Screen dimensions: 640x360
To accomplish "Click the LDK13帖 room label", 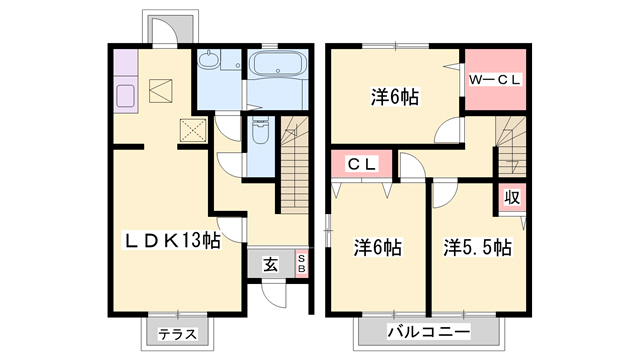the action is (172, 241).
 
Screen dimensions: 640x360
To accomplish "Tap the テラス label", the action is (178, 335).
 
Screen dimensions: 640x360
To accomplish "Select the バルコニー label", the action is (429, 331).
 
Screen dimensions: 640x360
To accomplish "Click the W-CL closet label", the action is (495, 80).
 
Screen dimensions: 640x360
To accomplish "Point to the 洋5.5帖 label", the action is (478, 247).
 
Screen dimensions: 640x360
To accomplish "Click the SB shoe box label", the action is (302, 264).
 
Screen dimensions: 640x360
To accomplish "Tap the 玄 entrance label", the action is (270, 265).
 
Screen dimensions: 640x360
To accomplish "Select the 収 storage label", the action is (512, 198).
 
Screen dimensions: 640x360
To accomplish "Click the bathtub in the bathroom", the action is (278, 64).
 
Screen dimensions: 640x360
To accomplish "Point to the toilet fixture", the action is (259, 130).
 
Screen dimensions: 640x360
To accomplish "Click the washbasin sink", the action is (209, 59).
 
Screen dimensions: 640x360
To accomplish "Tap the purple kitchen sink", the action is (126, 96).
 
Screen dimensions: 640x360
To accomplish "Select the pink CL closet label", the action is (362, 164).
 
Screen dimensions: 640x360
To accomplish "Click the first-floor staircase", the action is (294, 164).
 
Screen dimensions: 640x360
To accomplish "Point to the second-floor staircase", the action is (511, 146).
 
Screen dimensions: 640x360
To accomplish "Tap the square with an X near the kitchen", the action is (193, 130).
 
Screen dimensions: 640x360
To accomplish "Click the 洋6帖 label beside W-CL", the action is (395, 97).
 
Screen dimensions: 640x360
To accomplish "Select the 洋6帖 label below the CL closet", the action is (378, 247).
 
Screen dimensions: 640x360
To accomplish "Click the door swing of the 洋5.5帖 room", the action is (444, 195).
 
